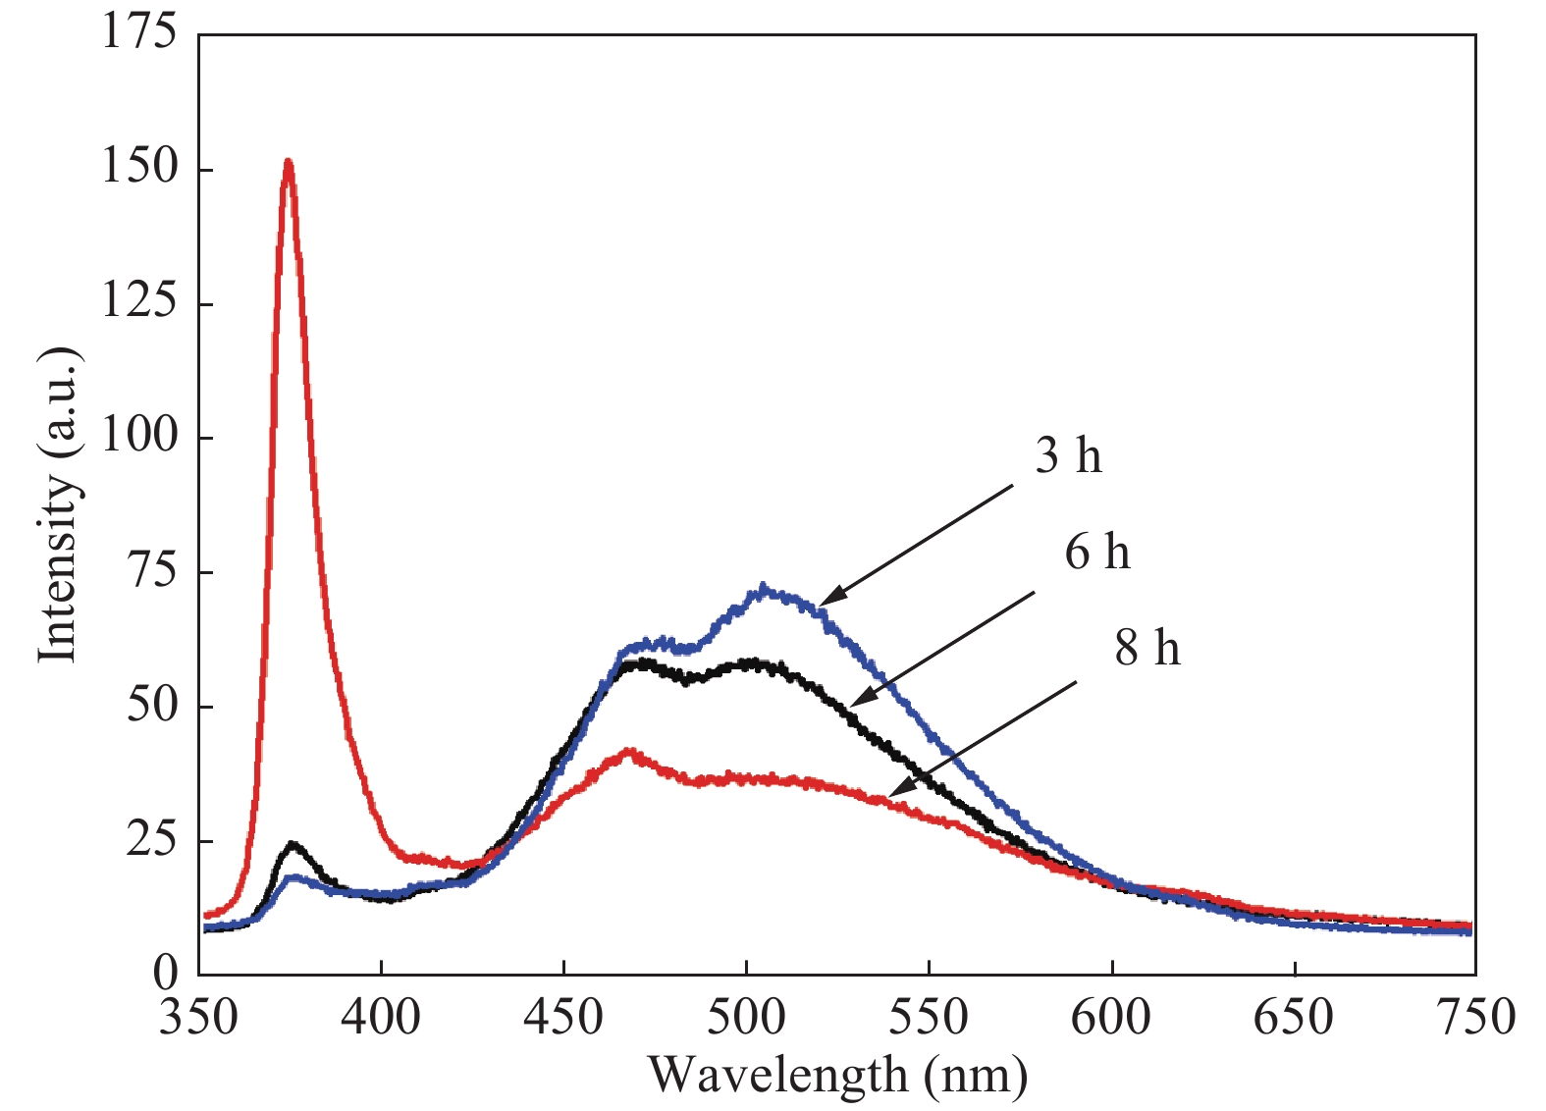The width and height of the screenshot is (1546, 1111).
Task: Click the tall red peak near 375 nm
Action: tap(288, 162)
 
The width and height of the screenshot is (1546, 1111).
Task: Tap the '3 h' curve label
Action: tap(1068, 456)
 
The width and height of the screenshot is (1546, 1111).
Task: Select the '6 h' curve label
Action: tap(1097, 552)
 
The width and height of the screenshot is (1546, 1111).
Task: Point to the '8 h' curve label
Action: tap(1146, 648)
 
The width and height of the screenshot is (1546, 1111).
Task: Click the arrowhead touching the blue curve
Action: tap(825, 602)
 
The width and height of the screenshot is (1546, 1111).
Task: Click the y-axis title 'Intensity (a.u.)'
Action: tap(58, 504)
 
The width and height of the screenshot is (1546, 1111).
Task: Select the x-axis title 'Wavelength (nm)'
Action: tap(837, 1075)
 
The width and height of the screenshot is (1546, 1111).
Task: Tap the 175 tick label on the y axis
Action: tap(139, 31)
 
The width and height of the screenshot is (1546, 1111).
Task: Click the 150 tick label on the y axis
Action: tap(139, 167)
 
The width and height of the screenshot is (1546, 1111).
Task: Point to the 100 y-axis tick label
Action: tap(139, 436)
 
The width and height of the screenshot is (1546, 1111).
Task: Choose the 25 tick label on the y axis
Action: tap(152, 840)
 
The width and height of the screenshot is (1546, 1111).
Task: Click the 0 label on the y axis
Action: tap(165, 973)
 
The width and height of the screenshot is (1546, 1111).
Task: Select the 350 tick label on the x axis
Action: tap(199, 1017)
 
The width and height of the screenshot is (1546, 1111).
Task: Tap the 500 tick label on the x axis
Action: tap(746, 1017)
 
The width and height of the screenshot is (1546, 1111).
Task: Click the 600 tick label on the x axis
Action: tap(1110, 1017)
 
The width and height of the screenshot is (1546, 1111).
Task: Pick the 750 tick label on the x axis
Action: tap(1475, 1017)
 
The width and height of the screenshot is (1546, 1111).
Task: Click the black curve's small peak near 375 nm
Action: tap(292, 844)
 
